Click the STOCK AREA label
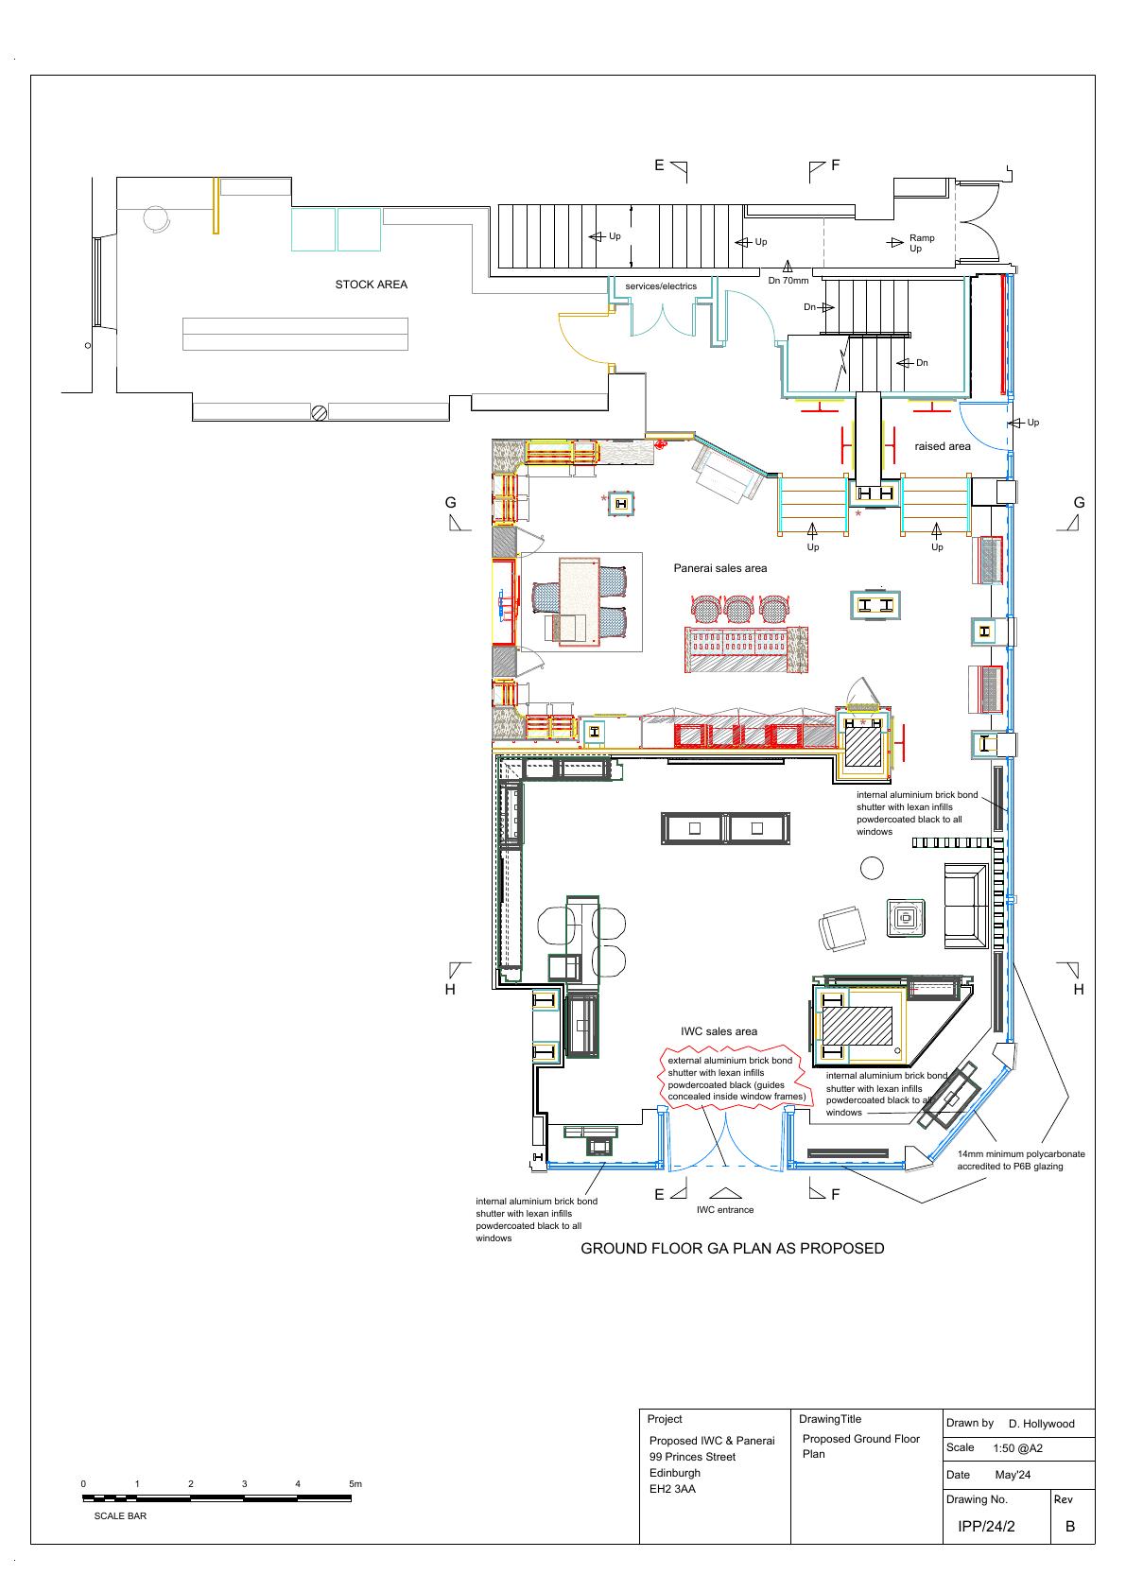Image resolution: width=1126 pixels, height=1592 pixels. point(371,285)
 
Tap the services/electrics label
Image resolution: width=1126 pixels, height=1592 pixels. point(661,286)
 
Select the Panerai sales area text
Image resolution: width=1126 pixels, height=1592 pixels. point(720,568)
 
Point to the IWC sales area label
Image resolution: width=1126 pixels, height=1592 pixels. point(719,1031)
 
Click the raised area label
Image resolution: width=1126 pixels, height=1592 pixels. point(942,446)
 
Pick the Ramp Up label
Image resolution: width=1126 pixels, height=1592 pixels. point(921,243)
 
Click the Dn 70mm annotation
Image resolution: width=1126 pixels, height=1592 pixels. point(788,280)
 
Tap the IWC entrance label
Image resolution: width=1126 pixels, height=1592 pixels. point(724,1210)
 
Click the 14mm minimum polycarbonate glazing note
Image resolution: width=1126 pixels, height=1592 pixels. point(1020,1160)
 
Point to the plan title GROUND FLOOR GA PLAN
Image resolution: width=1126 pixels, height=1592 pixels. point(732,1249)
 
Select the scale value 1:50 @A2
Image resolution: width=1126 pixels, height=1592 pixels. point(1017,1447)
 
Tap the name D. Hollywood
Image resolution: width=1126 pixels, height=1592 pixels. point(1041,1424)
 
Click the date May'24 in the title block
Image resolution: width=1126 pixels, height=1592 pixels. point(1013,1475)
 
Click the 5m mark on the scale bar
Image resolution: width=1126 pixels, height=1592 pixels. point(355,1483)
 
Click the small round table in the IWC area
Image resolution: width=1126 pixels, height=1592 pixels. point(872,868)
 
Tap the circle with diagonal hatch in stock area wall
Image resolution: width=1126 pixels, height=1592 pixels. point(320,412)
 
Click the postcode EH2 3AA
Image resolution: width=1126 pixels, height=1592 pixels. point(672,1488)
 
